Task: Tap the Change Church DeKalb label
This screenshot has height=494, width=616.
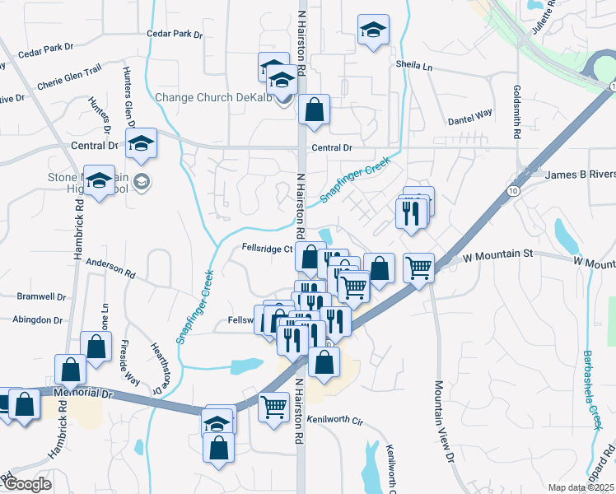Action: click(x=216, y=97)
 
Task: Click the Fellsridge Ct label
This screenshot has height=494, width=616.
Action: click(x=268, y=248)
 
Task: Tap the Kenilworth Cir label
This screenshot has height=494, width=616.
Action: click(x=335, y=419)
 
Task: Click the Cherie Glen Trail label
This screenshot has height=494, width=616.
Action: click(x=69, y=80)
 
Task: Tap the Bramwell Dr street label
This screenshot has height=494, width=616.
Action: click(x=41, y=296)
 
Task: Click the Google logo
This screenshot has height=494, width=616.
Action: click(x=26, y=484)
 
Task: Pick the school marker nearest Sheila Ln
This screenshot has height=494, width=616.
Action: click(x=374, y=31)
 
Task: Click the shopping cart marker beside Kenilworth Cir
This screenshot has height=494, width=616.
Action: click(x=273, y=406)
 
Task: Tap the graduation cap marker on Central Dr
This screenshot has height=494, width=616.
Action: click(x=142, y=143)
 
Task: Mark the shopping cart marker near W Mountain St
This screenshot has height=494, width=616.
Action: click(x=418, y=266)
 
